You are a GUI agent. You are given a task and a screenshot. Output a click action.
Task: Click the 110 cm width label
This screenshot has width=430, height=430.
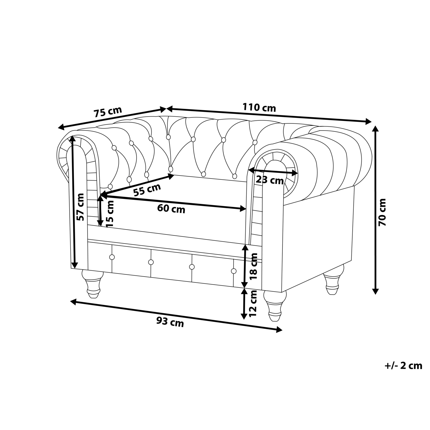pyautogui.click(x=259, y=108)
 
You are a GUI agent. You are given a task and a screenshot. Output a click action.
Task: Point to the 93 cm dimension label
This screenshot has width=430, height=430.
pyautogui.click(x=170, y=322)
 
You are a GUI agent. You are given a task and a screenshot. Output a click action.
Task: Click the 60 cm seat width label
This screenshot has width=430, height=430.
pyautogui.click(x=171, y=209)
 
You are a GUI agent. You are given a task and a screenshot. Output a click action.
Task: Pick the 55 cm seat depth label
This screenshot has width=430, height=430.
pyautogui.click(x=147, y=190)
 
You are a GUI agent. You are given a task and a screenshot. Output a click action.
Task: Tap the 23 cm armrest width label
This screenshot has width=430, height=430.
pyautogui.click(x=270, y=180)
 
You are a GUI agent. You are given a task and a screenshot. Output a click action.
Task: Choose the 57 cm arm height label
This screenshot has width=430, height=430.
pyautogui.click(x=80, y=207)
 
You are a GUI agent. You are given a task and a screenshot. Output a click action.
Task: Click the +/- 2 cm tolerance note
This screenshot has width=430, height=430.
pyautogui.click(x=403, y=366)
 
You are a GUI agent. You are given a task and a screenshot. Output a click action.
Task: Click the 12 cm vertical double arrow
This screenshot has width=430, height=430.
pyautogui.click(x=244, y=303)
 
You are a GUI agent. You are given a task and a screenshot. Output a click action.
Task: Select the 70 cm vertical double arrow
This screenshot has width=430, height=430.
pyautogui.click(x=375, y=210)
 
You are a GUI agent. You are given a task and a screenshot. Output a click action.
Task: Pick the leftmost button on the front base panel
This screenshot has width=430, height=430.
pyautogui.click(x=112, y=257)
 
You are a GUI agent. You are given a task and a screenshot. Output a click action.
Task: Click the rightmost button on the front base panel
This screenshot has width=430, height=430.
pyautogui.click(x=234, y=271)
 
